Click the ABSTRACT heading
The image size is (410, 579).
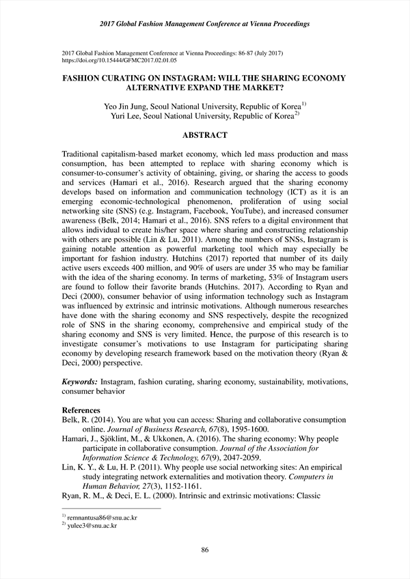coord(204,135)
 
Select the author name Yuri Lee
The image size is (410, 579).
coord(128,117)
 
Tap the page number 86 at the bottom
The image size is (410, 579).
coord(204,550)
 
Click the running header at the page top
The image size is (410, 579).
coord(204,24)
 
